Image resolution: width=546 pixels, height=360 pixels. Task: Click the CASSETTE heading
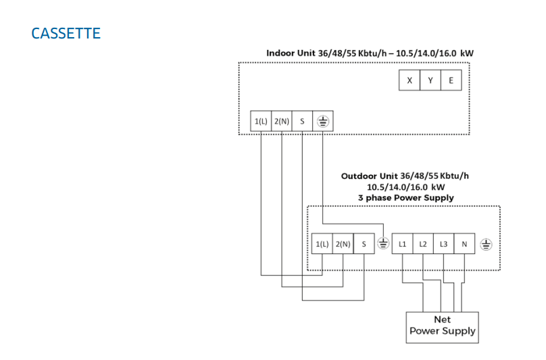66,33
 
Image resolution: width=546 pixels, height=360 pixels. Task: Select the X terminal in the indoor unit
409,81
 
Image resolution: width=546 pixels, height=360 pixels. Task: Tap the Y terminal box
430,81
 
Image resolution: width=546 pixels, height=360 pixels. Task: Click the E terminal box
451,81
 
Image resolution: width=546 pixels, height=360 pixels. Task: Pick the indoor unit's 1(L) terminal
261,122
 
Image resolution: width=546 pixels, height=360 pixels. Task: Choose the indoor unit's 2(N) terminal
282,122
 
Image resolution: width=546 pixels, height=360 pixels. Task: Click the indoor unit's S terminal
302,122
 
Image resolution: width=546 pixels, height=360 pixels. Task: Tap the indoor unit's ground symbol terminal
323,122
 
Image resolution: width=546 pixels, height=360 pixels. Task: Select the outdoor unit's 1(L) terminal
322,244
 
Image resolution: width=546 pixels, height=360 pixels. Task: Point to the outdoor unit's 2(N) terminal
343,244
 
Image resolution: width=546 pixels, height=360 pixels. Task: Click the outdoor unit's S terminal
364,244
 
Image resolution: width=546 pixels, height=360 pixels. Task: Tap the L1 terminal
402,244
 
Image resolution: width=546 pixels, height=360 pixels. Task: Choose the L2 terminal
423,244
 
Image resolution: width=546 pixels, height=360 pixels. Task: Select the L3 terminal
443,244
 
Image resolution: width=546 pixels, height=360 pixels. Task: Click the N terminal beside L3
464,244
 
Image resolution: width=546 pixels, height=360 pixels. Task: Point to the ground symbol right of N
485,244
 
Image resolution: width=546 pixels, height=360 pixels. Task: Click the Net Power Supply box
442,326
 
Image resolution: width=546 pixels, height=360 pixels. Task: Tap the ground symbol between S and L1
382,244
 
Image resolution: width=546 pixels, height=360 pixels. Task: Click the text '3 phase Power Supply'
405,198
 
